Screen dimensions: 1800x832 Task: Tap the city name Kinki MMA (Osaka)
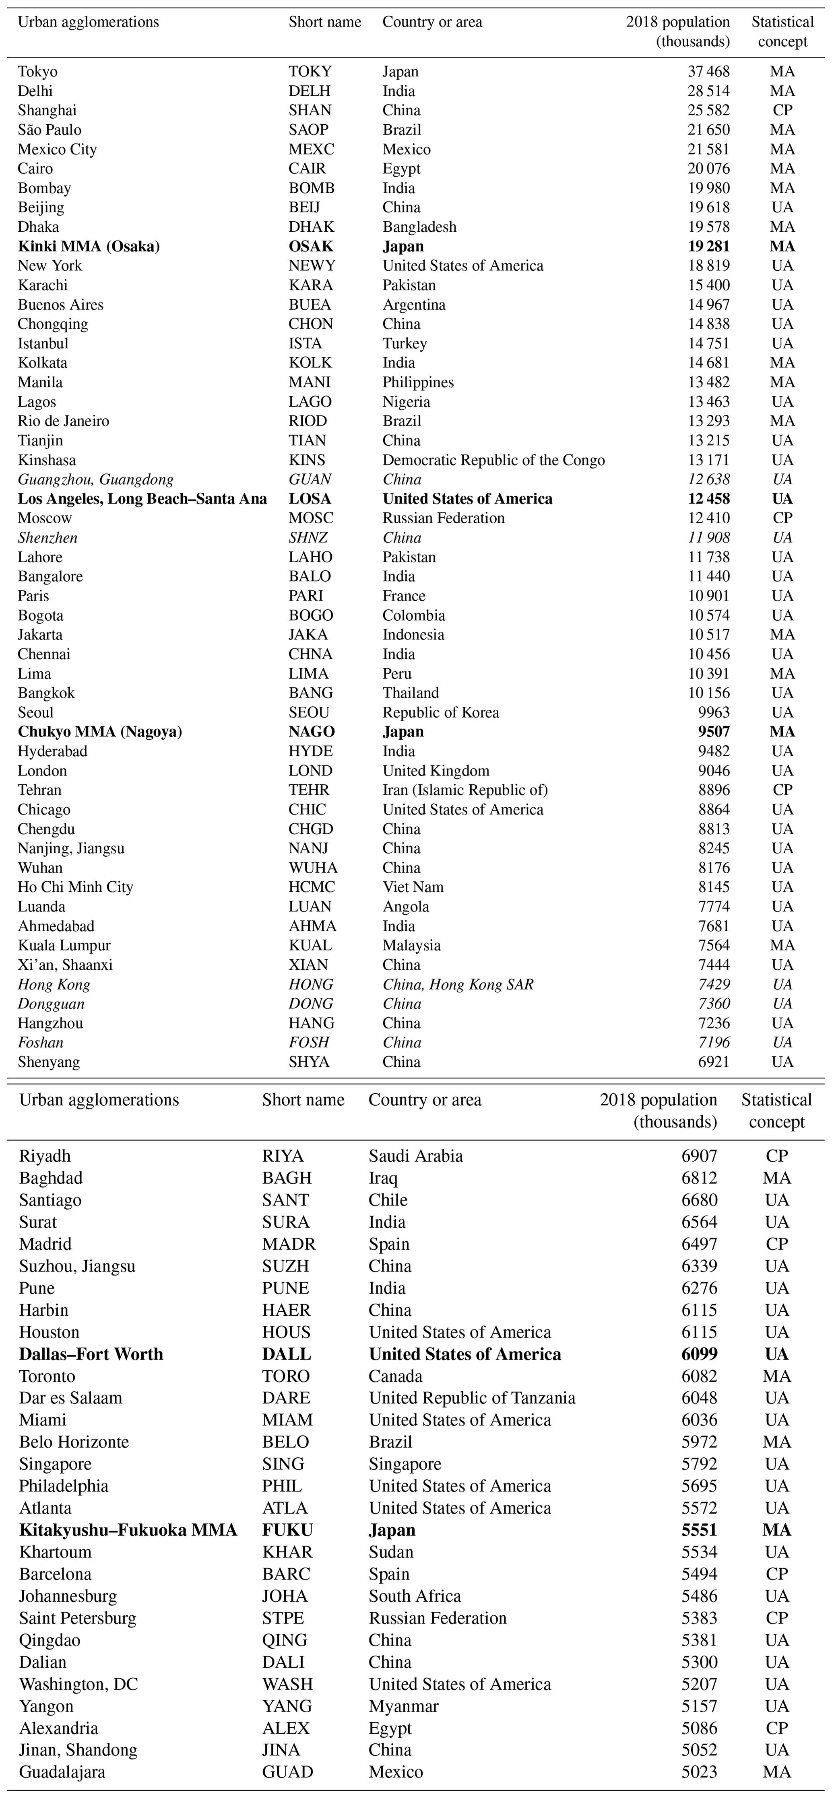(x=89, y=246)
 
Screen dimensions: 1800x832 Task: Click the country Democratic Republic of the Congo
(x=493, y=460)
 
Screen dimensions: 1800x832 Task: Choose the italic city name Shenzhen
(x=47, y=537)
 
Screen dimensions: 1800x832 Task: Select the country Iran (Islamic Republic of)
(x=465, y=790)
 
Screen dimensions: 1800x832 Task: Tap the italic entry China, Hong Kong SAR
(x=458, y=984)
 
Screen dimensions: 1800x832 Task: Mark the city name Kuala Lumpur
(x=64, y=945)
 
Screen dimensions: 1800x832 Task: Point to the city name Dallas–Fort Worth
(x=91, y=1354)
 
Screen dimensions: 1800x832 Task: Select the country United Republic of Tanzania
(x=472, y=1398)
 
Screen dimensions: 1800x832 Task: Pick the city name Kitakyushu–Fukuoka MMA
(x=128, y=1530)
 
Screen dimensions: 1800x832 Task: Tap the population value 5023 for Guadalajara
(x=699, y=1772)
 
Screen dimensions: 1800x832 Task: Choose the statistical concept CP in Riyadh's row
(x=777, y=1156)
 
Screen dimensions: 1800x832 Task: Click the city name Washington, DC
(x=78, y=1684)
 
